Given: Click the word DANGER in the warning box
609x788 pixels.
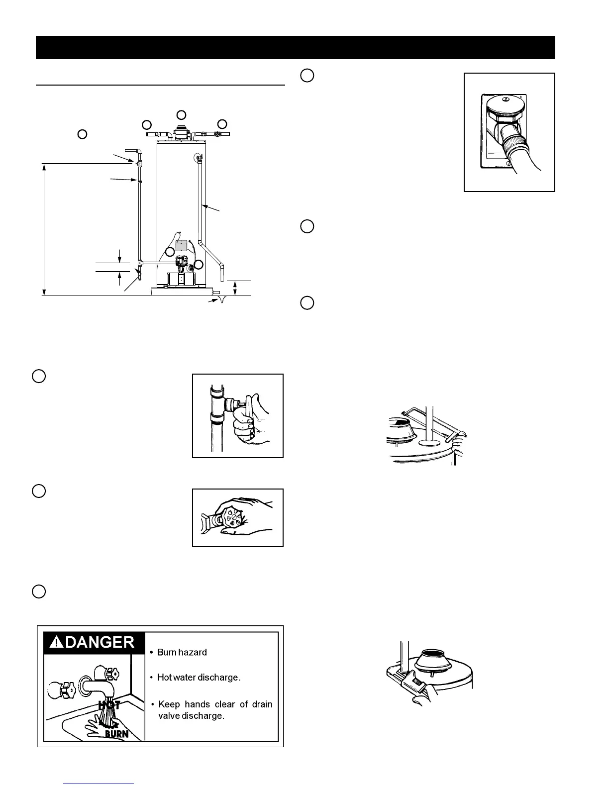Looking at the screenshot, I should (100, 642).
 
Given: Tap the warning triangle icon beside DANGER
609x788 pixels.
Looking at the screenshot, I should (57, 642).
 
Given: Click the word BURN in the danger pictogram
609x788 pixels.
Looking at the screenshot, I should (117, 734).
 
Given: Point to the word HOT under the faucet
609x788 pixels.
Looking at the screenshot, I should (109, 705).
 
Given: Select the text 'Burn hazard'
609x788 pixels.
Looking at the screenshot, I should (182, 652).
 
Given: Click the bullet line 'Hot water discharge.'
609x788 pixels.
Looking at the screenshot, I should (199, 677).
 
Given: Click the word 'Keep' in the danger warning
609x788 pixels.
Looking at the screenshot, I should (169, 704).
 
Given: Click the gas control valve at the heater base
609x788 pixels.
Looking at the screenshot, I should (181, 262).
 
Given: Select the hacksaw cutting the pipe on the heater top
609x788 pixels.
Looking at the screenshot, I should (435, 421).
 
